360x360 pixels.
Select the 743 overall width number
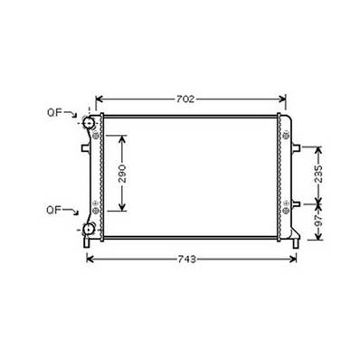click(x=187, y=259)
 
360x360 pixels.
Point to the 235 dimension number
click(x=317, y=174)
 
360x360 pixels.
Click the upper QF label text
click(x=55, y=112)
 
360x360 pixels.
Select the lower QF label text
click(x=55, y=211)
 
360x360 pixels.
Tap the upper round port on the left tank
click(x=90, y=123)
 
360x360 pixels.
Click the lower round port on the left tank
click(x=89, y=228)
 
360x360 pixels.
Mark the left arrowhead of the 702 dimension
click(x=99, y=97)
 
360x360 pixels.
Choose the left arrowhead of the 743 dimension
click(x=89, y=259)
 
